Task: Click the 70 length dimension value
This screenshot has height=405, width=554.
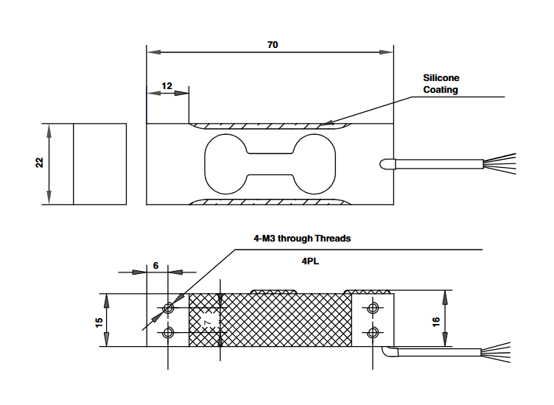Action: (x=273, y=45)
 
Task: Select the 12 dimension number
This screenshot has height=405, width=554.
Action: (x=166, y=86)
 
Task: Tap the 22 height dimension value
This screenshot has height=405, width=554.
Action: (x=40, y=163)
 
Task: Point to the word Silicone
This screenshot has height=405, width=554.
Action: (x=441, y=77)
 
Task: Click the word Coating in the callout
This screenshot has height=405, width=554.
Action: (x=441, y=90)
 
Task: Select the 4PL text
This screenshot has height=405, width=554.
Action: (x=310, y=260)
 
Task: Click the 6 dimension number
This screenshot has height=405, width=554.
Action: (x=155, y=265)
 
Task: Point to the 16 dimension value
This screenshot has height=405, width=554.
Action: (x=435, y=321)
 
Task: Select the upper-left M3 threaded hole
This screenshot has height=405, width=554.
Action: (x=169, y=307)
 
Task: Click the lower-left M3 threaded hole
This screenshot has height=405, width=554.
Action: (x=169, y=333)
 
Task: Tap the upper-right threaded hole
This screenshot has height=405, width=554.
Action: (x=374, y=307)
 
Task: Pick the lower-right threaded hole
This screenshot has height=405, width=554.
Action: (x=374, y=333)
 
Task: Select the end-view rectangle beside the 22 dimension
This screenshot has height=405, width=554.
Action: (x=99, y=163)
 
